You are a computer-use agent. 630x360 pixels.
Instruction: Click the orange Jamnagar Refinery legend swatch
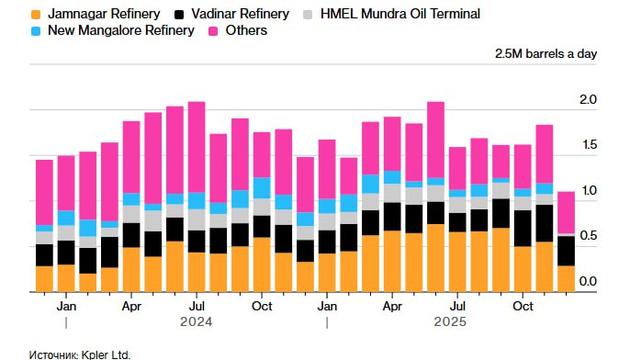tap(36, 14)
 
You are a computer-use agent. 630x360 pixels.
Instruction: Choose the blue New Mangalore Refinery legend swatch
tap(36, 30)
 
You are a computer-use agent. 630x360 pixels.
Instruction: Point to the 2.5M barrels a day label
tap(546, 53)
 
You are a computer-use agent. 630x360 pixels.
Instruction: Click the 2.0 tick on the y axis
tap(588, 99)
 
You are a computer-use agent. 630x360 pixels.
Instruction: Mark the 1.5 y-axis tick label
tap(588, 145)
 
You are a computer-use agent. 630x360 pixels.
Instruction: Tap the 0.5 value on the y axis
tap(588, 236)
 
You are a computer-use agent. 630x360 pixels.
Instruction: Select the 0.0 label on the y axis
tap(588, 281)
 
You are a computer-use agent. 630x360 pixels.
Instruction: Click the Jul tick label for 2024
tap(197, 305)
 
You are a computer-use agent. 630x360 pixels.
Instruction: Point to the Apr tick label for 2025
tap(392, 305)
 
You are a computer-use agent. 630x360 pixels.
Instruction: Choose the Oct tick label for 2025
tap(523, 305)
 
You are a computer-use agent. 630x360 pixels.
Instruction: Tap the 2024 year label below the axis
tap(197, 322)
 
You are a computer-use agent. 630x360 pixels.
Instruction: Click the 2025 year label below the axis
tap(450, 322)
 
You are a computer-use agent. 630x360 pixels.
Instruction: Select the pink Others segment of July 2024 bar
tap(197, 147)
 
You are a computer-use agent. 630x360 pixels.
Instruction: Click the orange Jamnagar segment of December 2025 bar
tap(567, 278)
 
